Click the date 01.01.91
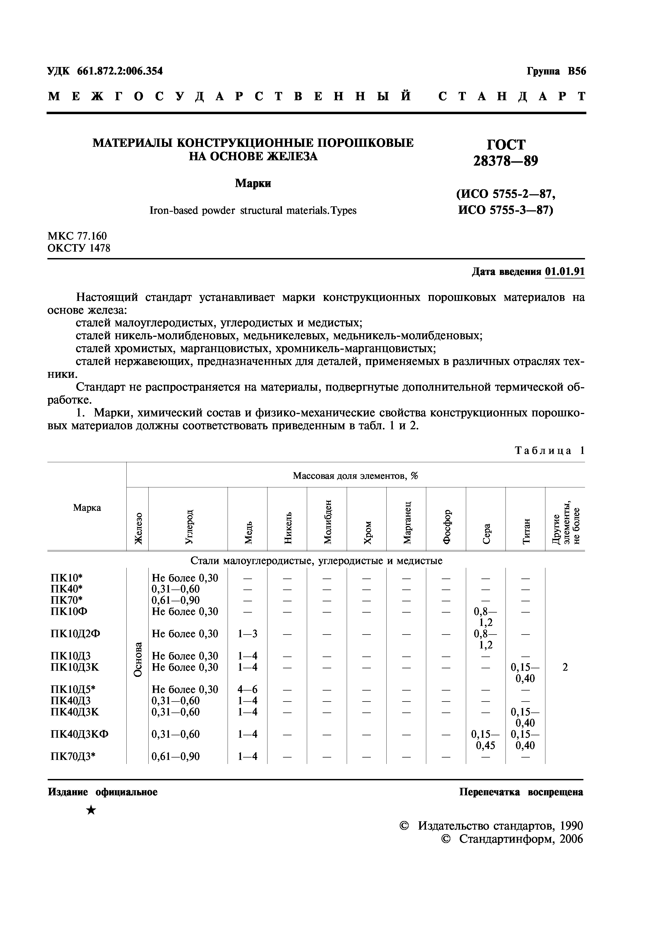[x=565, y=272]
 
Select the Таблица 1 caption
[x=549, y=451]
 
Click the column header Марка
[x=87, y=508]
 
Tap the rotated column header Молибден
[x=327, y=522]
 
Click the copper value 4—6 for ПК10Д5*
[x=247, y=689]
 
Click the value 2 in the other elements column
[x=565, y=667]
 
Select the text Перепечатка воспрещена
[x=521, y=792]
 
